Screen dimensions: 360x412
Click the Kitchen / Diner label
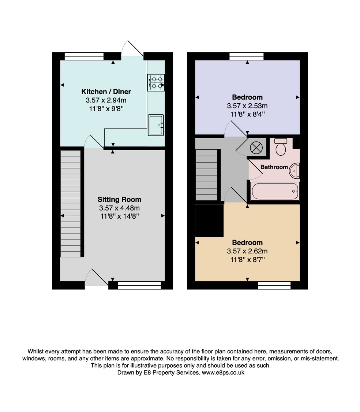(106, 92)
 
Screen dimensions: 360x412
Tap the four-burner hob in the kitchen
(156, 82)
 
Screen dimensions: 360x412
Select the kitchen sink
(156, 125)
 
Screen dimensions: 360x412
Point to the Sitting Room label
(120, 200)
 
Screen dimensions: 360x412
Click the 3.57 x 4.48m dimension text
(120, 208)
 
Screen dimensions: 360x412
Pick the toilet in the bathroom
(281, 146)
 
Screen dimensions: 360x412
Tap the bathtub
(275, 191)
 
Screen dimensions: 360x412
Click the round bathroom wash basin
(295, 171)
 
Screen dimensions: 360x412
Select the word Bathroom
(274, 167)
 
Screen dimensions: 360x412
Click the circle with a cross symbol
(256, 148)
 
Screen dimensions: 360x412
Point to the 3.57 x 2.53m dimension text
(247, 106)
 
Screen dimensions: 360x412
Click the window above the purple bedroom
(247, 56)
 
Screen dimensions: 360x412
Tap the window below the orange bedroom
(274, 285)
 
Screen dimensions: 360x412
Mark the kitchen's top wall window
(84, 56)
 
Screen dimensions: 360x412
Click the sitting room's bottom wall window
(139, 285)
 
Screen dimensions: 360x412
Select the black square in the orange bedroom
(209, 221)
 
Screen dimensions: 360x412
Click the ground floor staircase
(71, 203)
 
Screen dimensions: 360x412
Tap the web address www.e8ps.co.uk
(223, 372)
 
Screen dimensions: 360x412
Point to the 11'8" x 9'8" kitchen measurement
(106, 109)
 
